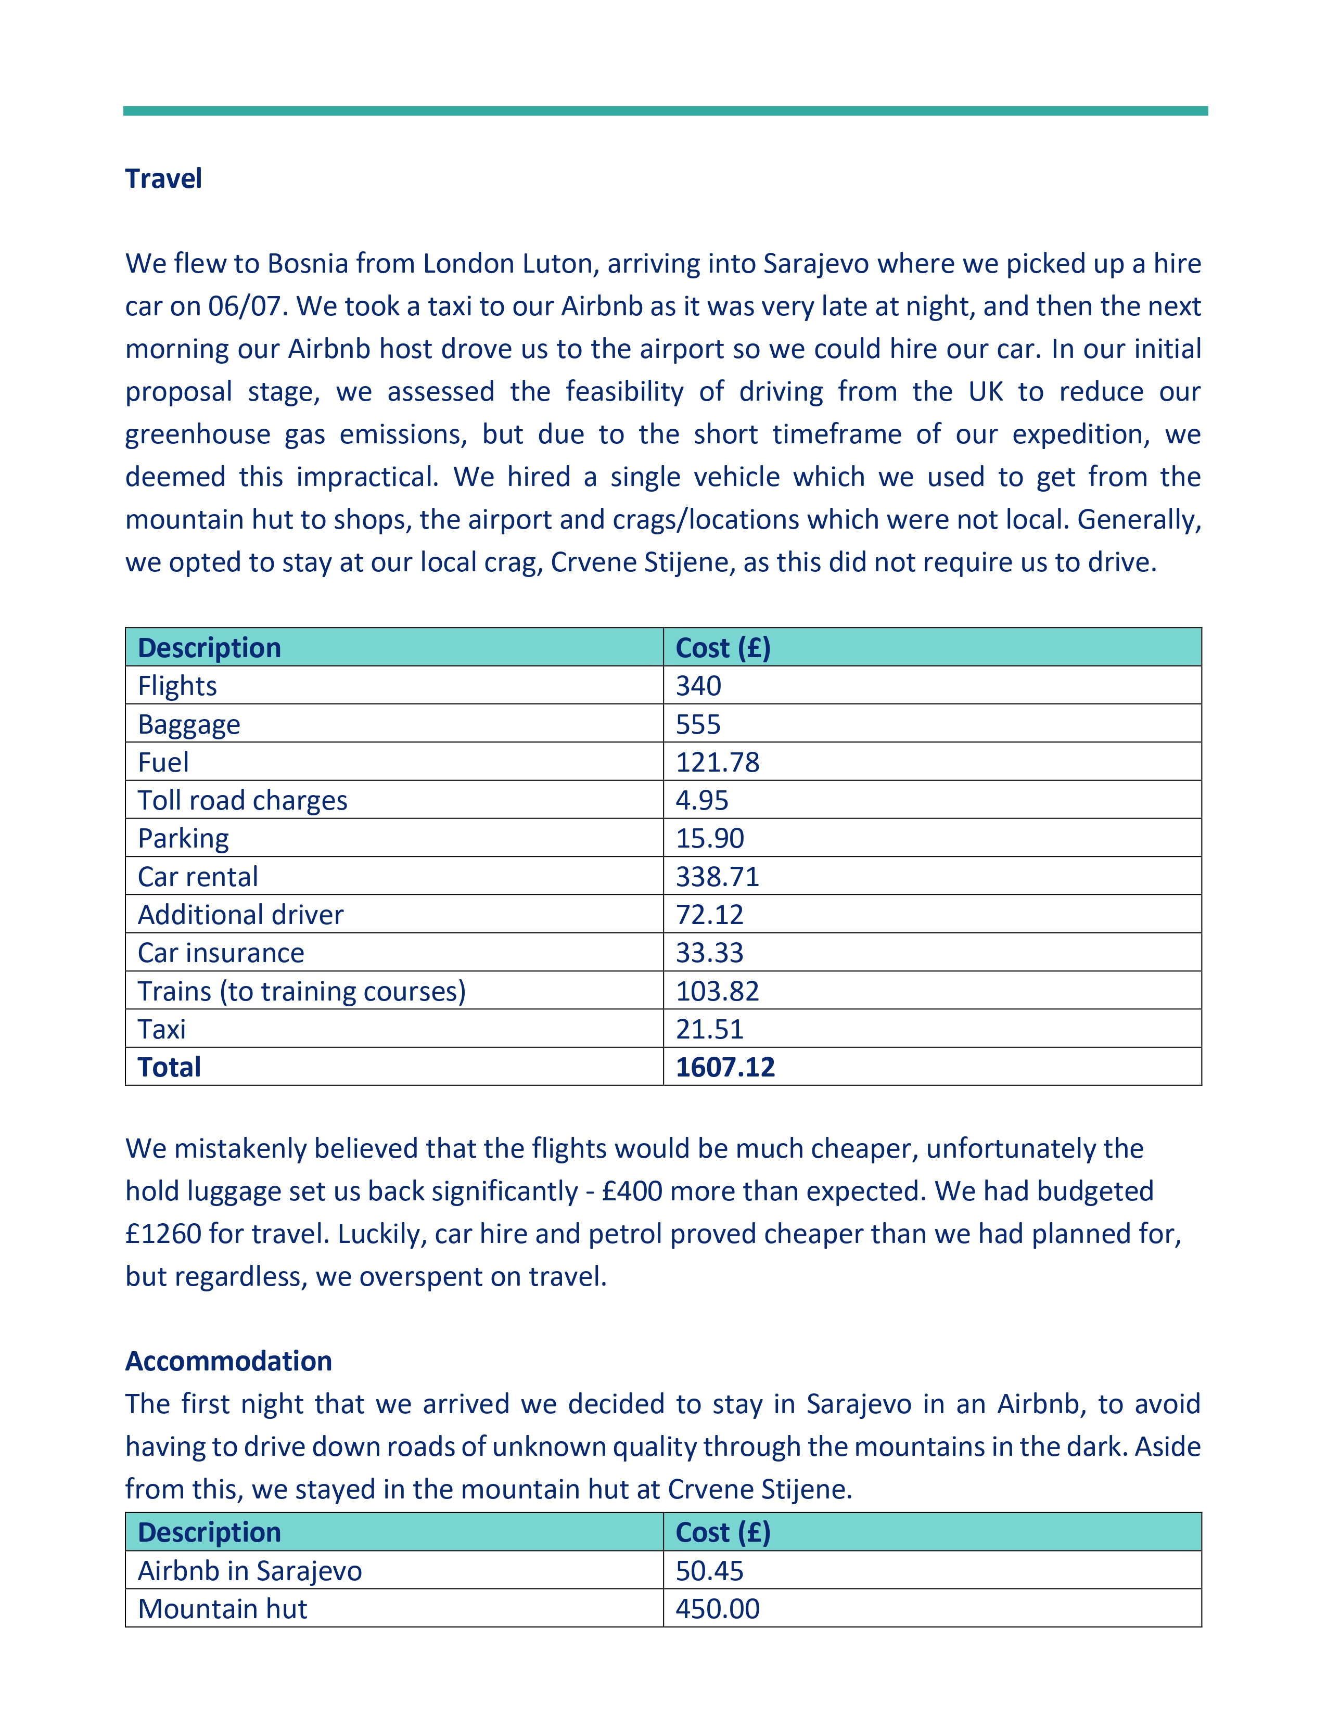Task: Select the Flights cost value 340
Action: [x=698, y=686]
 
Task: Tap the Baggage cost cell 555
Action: [x=698, y=724]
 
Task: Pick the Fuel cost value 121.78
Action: [x=717, y=762]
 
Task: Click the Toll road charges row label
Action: [x=242, y=800]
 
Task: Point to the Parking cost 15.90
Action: [x=709, y=838]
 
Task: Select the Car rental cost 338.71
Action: [x=717, y=877]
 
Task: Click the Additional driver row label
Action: [x=240, y=914]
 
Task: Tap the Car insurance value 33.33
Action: [x=709, y=953]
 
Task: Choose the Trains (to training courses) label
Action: [x=302, y=991]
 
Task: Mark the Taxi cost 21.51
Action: [x=709, y=1029]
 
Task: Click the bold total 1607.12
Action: [x=725, y=1067]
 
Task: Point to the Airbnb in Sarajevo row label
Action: [x=250, y=1571]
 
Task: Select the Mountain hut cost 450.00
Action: [x=717, y=1608]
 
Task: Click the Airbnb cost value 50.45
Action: [x=709, y=1571]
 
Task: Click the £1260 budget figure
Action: [x=163, y=1234]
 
